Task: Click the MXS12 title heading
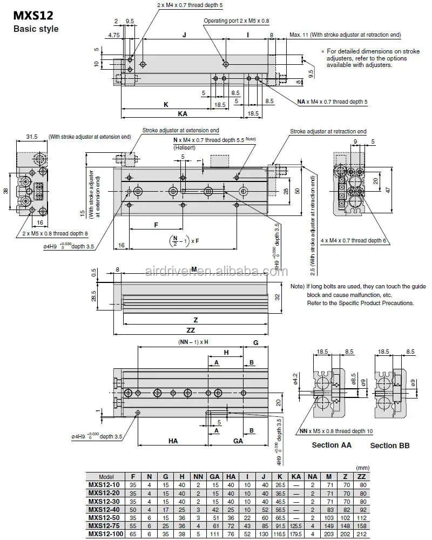31,16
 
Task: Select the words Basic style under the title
35,29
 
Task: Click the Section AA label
332,445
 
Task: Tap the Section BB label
389,446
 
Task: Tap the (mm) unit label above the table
361,468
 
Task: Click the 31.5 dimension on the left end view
32,137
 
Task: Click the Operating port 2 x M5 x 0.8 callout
236,21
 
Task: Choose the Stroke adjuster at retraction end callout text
328,131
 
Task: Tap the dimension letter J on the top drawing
184,35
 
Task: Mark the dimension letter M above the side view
194,268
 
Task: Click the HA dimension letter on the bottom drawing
173,441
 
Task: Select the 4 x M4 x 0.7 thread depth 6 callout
354,240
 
